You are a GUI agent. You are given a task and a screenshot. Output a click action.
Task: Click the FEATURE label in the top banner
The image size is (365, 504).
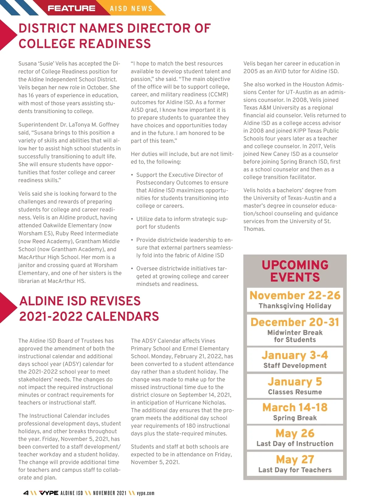71,8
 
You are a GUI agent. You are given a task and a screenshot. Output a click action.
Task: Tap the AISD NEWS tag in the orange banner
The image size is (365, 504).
131,9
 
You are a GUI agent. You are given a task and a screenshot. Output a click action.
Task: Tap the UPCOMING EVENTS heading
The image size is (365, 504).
295,271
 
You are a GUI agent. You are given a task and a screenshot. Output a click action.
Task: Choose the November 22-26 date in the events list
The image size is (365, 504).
295,295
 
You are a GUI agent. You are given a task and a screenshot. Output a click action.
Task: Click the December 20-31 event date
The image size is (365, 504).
295,322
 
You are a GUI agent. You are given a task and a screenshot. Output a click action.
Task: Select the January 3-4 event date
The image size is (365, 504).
295,355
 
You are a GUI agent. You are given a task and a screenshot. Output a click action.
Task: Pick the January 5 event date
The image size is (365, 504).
295,381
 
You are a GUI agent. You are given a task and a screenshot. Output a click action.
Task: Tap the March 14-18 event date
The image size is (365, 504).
295,407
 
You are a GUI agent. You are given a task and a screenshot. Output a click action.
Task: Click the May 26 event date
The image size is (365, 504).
295,433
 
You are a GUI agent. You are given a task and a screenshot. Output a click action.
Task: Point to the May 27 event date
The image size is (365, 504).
295,459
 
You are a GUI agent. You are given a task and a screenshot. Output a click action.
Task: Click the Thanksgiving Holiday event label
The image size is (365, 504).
295,306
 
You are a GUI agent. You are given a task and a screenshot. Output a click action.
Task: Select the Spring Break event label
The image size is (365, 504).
295,418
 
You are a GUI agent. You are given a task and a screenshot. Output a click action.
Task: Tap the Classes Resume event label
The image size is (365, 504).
295,392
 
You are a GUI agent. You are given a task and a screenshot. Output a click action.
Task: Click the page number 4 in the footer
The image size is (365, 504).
26,493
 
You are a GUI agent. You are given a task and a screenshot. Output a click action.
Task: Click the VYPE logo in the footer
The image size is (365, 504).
49,493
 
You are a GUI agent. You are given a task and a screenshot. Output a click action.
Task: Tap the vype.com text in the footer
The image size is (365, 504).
145,493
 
